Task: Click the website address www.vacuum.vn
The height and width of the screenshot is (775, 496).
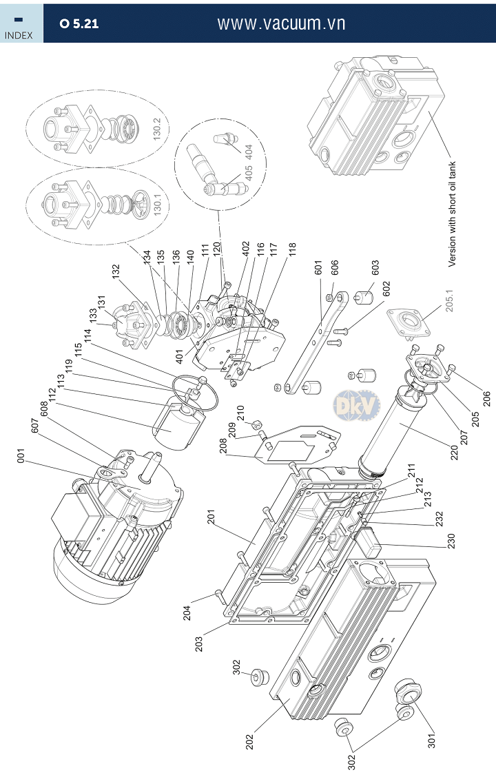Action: coord(281,23)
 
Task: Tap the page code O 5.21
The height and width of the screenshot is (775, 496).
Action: coord(79,23)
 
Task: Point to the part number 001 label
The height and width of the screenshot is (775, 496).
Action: coord(20,456)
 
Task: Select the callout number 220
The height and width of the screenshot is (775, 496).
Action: coord(455,452)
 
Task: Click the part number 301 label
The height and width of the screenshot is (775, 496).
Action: coord(432,740)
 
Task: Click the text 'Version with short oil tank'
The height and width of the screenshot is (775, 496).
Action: coord(452,214)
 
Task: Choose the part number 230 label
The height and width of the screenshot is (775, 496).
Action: coord(451,541)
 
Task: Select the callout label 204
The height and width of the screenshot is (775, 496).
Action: coord(187,613)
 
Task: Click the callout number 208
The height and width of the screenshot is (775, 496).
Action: coord(223,446)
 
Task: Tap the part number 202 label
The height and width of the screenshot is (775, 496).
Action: coord(249,742)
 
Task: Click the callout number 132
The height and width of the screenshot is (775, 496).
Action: coord(116,271)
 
